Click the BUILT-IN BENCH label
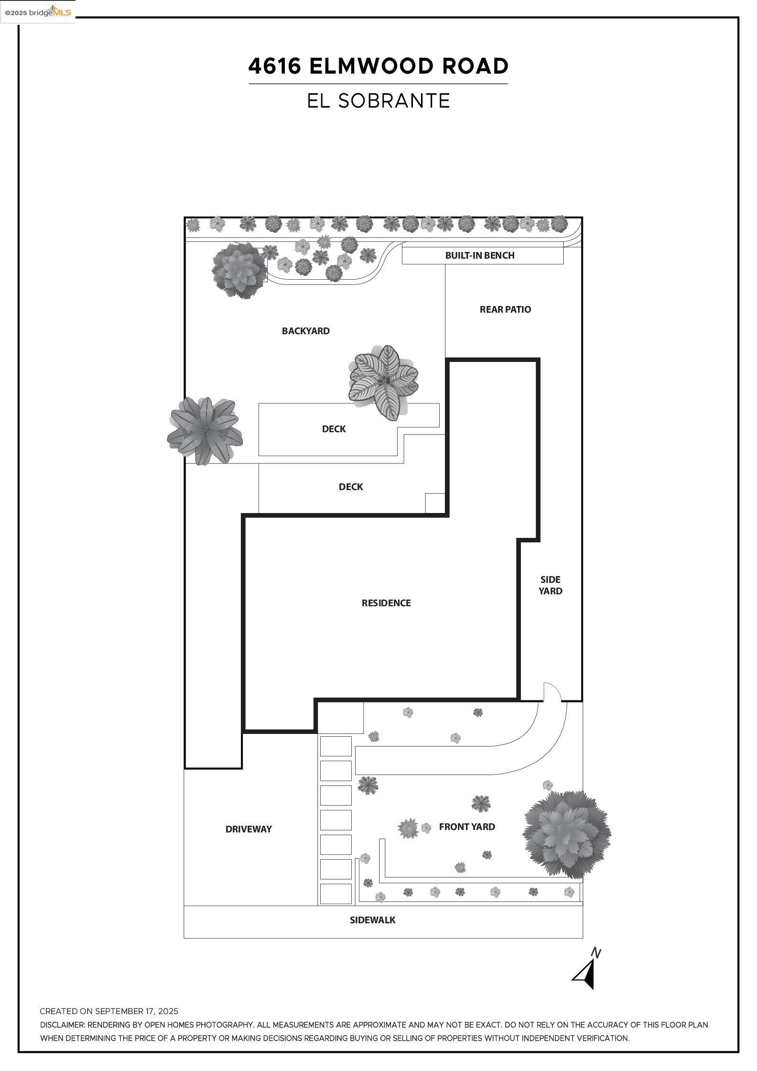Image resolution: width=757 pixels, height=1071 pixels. [x=479, y=255]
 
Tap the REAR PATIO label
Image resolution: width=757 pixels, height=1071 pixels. [x=505, y=309]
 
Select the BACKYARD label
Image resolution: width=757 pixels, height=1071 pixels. [x=305, y=331]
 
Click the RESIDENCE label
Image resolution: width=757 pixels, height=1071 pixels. [x=386, y=603]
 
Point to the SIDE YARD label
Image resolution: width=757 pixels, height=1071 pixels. [x=550, y=585]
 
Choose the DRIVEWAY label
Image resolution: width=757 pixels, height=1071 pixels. [x=249, y=829]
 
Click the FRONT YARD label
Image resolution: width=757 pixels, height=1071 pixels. [x=467, y=827]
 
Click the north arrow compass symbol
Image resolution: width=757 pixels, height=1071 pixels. [x=586, y=973]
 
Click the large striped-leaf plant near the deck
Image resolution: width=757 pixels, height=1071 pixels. [x=384, y=382]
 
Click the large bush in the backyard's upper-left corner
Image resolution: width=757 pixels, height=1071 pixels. [x=239, y=270]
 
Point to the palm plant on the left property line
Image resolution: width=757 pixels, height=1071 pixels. [x=205, y=431]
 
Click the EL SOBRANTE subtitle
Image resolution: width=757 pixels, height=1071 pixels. [x=378, y=101]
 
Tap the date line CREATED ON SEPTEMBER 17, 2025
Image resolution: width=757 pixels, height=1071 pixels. [x=109, y=1011]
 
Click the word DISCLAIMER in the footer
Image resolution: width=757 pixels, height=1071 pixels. [x=62, y=1025]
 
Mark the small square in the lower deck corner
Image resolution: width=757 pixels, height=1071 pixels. [x=435, y=503]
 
